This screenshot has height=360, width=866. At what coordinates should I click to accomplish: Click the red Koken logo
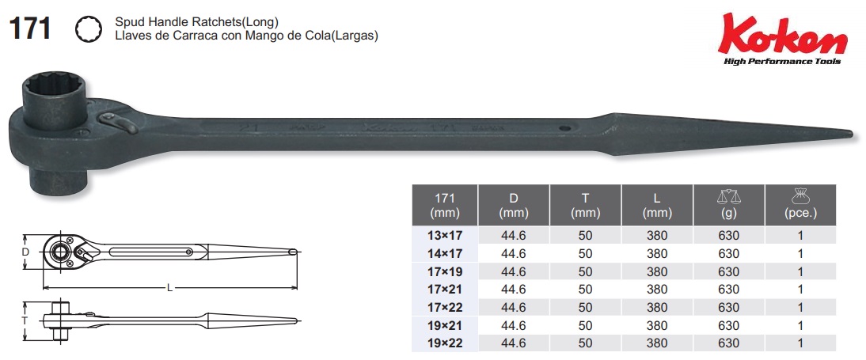click(x=783, y=34)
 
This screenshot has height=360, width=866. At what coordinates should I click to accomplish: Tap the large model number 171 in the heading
click(x=30, y=28)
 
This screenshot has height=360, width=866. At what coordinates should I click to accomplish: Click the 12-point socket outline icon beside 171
click(x=89, y=29)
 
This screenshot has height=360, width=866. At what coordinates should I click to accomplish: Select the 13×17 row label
click(x=445, y=235)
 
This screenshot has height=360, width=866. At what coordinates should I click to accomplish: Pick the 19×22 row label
click(x=445, y=343)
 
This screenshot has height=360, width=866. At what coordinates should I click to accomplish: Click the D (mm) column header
click(x=514, y=205)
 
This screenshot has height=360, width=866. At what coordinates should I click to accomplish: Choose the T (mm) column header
click(x=586, y=205)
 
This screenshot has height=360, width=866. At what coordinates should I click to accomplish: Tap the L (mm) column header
click(x=657, y=205)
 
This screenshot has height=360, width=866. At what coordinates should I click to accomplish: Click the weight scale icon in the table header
click(x=728, y=196)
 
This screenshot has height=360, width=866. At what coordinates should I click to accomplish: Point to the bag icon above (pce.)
click(x=800, y=196)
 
